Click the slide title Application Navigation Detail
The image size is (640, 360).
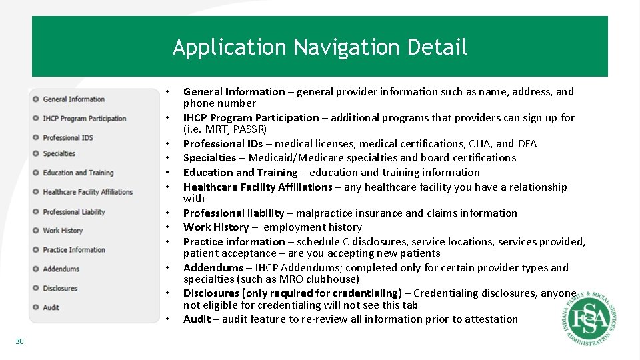pos(320,47)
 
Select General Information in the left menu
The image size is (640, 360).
pos(73,99)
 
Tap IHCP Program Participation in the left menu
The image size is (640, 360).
pos(84,119)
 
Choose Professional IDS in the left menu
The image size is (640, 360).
pos(67,138)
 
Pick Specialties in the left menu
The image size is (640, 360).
pos(59,153)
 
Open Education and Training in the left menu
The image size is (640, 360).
pos(78,173)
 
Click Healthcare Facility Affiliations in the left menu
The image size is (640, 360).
pos(87,192)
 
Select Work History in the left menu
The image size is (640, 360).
pos(63,231)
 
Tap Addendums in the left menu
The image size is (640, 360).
pos(61,269)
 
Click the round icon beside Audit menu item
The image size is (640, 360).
pos(35,307)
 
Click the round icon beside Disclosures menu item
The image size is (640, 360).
pos(35,288)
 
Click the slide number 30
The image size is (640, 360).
pos(19,341)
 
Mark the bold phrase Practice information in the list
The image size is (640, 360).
pos(234,242)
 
